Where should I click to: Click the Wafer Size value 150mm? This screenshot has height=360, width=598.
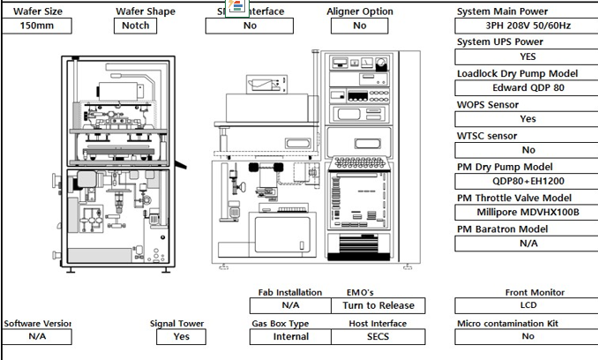(36, 26)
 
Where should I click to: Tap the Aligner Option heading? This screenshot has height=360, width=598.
(360, 11)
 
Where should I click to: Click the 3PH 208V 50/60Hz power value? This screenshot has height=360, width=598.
(527, 26)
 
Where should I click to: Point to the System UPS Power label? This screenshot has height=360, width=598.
(499, 41)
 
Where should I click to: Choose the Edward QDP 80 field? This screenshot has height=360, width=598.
(527, 87)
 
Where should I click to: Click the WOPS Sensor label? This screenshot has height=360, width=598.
(488, 105)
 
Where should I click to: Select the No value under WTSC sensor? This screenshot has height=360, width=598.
(527, 150)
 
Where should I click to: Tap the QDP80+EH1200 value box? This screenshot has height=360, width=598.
(527, 181)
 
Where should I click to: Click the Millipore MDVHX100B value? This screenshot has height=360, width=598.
(527, 213)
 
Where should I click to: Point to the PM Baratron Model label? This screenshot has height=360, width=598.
(502, 229)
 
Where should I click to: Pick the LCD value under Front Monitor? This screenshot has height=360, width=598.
(527, 306)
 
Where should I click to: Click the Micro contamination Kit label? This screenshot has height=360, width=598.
(507, 324)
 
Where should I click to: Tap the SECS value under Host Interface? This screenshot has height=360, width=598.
(377, 336)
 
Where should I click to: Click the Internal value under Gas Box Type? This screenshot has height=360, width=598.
(291, 336)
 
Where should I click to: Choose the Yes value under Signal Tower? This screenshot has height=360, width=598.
(182, 336)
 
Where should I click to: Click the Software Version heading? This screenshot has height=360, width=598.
(36, 324)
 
